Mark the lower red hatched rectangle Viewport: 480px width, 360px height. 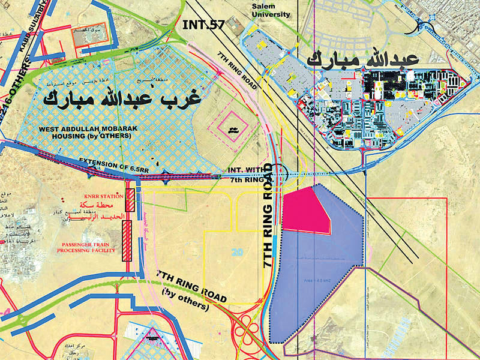tap(127, 241)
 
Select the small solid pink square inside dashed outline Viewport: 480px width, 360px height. tap(230, 128)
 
